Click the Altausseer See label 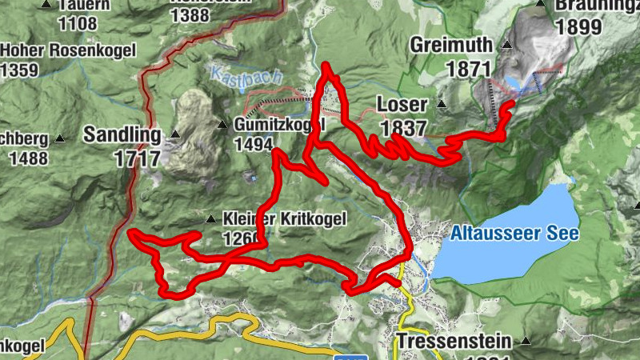[x=514, y=234]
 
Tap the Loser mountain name [x=401, y=105]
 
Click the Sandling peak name [x=122, y=134]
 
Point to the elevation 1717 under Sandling [x=138, y=158]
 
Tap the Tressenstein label [x=454, y=340]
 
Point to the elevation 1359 [x=19, y=70]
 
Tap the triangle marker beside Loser [x=441, y=105]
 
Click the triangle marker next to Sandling [x=174, y=134]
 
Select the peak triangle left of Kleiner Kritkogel [x=210, y=218]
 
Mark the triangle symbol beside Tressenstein [x=525, y=340]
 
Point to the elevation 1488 [x=27, y=158]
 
